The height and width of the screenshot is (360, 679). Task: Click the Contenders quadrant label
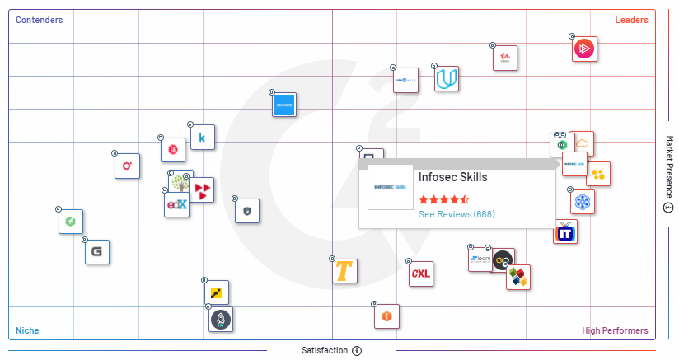pyautogui.click(x=40, y=20)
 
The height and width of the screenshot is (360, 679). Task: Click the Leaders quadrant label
pyautogui.click(x=631, y=20)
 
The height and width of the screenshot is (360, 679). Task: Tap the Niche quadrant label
pyautogui.click(x=27, y=330)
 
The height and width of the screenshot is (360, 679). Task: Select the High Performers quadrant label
pyautogui.click(x=615, y=330)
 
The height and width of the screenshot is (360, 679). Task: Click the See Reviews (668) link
pyautogui.click(x=457, y=214)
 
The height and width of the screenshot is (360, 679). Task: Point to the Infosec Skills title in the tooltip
pyautogui.click(x=452, y=177)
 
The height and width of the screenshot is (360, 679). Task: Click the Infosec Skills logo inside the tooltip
pyautogui.click(x=390, y=187)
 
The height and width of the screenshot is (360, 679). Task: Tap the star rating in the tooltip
pyautogui.click(x=443, y=199)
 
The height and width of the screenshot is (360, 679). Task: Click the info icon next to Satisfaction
pyautogui.click(x=357, y=351)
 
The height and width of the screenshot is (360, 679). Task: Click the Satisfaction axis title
pyautogui.click(x=324, y=351)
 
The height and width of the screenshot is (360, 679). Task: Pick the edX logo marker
pyautogui.click(x=176, y=204)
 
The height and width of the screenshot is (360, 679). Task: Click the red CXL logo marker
pyautogui.click(x=421, y=274)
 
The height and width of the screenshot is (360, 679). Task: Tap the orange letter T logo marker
pyautogui.click(x=345, y=271)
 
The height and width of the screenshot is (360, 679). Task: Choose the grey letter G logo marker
pyautogui.click(x=97, y=252)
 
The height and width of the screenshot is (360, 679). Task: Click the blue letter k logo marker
pyautogui.click(x=203, y=138)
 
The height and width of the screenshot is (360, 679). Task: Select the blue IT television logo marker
pyautogui.click(x=565, y=232)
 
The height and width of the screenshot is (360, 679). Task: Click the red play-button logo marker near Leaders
pyautogui.click(x=585, y=49)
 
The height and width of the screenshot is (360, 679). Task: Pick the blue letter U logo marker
pyautogui.click(x=447, y=79)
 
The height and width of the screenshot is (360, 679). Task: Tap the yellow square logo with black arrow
pyautogui.click(x=217, y=292)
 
